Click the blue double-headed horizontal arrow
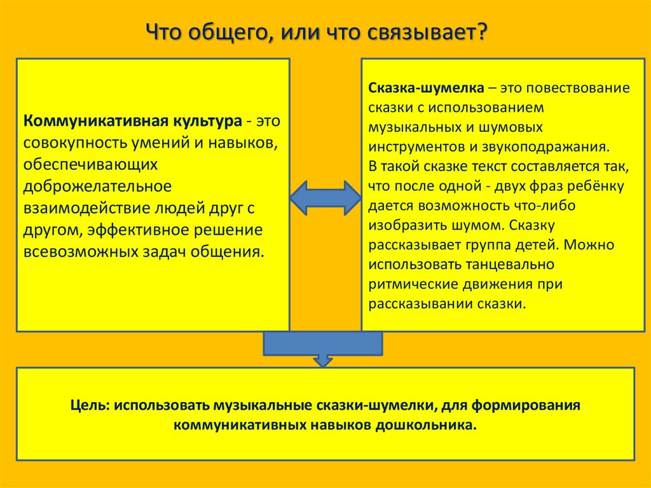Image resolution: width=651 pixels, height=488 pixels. [x=325, y=197]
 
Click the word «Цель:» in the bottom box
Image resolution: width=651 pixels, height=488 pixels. [x=92, y=405]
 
